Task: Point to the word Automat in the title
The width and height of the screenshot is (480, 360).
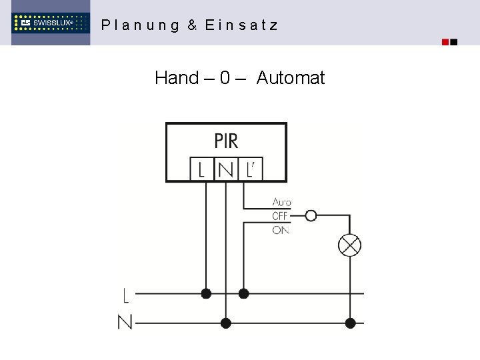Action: pyautogui.click(x=290, y=78)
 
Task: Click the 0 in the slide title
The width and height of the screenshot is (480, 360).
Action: pyautogui.click(x=225, y=78)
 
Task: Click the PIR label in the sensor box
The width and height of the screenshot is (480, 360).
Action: pyautogui.click(x=226, y=141)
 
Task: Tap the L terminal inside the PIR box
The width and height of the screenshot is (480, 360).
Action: pyautogui.click(x=201, y=169)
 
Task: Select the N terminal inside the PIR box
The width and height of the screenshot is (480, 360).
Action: pyautogui.click(x=225, y=169)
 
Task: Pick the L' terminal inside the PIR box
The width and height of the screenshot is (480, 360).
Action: pyautogui.click(x=250, y=169)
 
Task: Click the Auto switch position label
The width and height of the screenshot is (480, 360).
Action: pyautogui.click(x=281, y=202)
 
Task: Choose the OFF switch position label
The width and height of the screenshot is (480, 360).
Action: pyautogui.click(x=280, y=216)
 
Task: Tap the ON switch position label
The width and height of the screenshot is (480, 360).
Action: pyautogui.click(x=280, y=230)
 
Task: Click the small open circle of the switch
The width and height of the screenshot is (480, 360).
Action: pyautogui.click(x=310, y=215)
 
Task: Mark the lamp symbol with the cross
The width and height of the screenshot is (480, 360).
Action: pyautogui.click(x=349, y=245)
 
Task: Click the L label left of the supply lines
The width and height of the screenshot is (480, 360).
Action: pyautogui.click(x=126, y=294)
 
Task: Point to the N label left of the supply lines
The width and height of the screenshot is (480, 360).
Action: pyautogui.click(x=125, y=323)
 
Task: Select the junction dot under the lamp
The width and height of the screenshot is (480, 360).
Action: pyautogui.click(x=350, y=323)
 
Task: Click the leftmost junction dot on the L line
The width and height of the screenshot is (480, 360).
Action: pyautogui.click(x=206, y=293)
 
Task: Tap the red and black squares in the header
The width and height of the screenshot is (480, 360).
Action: pyautogui.click(x=450, y=42)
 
